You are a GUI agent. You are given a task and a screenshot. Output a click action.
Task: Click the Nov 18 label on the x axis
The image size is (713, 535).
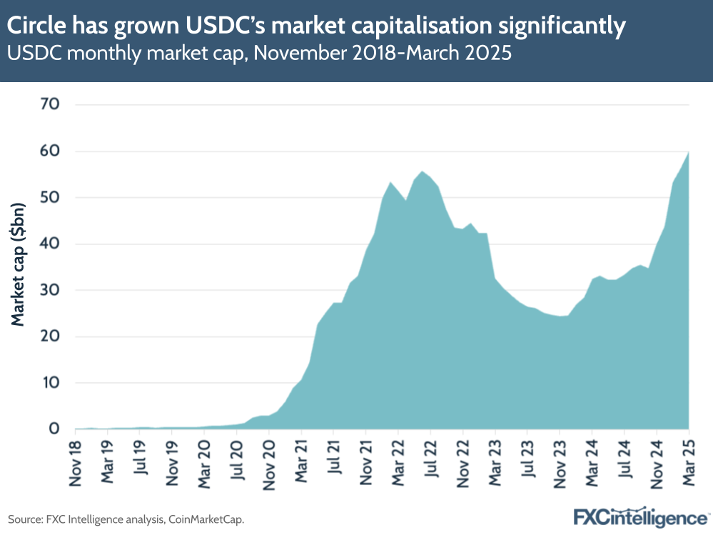point(75,461)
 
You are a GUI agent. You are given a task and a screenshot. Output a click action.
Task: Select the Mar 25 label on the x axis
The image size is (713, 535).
point(689,461)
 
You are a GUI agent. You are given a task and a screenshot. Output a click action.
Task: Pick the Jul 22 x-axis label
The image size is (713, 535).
point(430,463)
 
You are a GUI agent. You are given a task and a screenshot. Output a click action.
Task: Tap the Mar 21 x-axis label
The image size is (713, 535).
point(301,461)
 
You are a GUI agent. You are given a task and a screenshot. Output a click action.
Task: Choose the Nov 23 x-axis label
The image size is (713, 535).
point(560,461)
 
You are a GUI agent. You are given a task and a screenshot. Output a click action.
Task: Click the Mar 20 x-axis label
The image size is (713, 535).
point(204,461)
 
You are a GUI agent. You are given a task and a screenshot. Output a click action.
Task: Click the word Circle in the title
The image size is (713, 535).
point(36,27)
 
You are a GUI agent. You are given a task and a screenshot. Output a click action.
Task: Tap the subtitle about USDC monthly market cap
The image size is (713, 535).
point(260,54)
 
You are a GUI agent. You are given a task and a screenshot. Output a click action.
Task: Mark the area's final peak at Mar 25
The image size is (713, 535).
point(689,151)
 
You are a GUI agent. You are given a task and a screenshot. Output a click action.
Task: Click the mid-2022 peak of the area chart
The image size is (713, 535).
point(423,171)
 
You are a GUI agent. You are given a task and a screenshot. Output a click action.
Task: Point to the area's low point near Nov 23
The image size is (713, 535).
point(560,316)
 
